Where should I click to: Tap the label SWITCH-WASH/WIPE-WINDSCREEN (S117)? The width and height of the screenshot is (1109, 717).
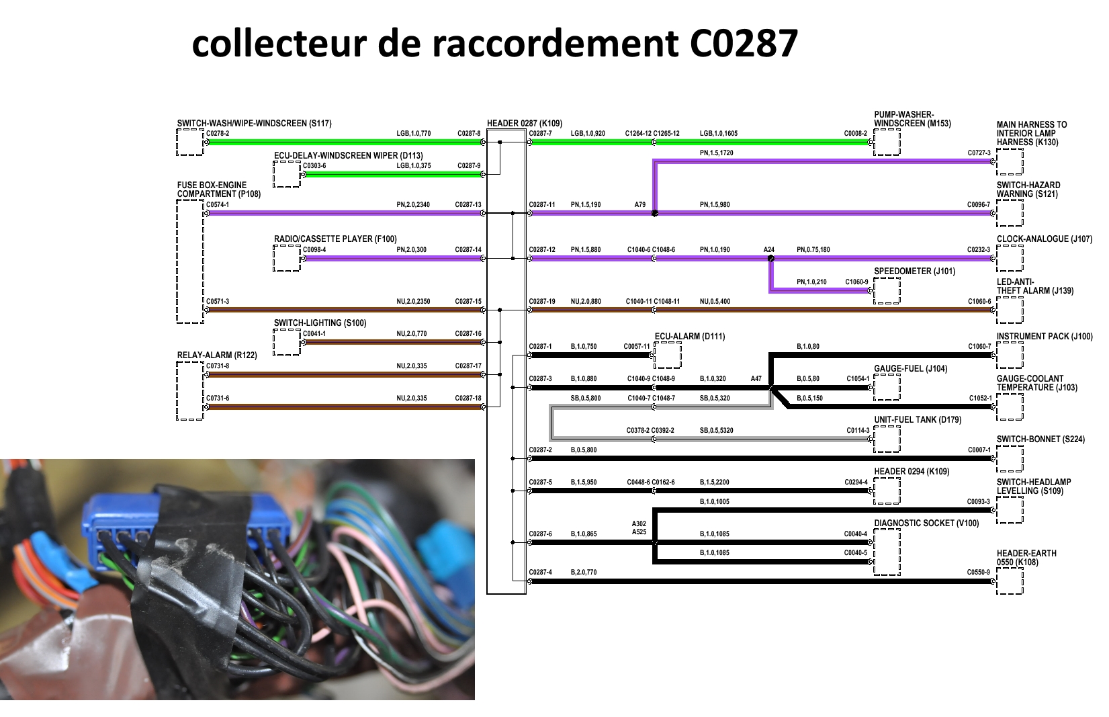click(x=254, y=124)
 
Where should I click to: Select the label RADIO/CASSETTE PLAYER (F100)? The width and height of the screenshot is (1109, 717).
click(x=335, y=239)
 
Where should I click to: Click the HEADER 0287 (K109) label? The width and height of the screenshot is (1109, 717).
click(x=524, y=124)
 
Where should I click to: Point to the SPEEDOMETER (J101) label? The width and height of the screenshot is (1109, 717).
click(x=914, y=271)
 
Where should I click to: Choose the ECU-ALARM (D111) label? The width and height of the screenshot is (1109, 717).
click(x=690, y=337)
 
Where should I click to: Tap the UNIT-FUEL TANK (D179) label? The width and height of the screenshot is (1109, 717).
click(x=918, y=420)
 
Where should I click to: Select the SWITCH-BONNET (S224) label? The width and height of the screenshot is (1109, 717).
click(x=1040, y=439)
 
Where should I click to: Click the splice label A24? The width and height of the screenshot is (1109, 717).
click(x=768, y=250)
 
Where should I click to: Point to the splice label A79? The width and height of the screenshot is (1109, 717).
click(x=639, y=205)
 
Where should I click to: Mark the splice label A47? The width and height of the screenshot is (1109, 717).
click(x=756, y=379)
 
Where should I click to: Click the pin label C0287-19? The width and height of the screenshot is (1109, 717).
click(x=541, y=302)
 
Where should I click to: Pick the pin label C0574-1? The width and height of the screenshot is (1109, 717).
click(x=217, y=205)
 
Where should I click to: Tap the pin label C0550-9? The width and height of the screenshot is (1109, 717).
click(x=978, y=573)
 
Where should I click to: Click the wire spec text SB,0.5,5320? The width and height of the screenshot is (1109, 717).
click(x=716, y=431)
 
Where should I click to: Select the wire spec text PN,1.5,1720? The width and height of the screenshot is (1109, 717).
click(x=716, y=153)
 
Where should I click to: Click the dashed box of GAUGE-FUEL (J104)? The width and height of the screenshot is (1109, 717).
click(x=887, y=388)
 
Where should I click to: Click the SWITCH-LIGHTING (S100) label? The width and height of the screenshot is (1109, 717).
click(x=320, y=323)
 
